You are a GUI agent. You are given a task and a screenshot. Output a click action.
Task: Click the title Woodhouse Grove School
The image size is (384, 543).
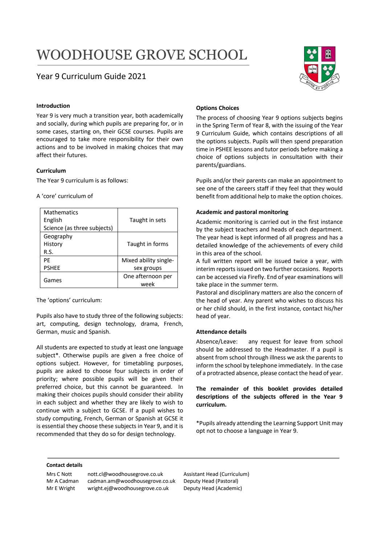142,55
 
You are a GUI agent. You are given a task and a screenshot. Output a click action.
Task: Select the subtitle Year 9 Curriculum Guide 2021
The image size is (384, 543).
91,77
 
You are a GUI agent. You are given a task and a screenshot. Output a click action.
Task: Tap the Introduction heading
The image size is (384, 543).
53,106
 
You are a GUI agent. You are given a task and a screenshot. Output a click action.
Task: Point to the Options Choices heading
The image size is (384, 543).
217,108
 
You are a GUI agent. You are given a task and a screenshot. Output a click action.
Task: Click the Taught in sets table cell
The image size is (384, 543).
147,220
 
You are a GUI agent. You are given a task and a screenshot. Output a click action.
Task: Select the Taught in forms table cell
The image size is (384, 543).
147,244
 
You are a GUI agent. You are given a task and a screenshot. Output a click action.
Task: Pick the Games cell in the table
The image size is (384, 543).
53,280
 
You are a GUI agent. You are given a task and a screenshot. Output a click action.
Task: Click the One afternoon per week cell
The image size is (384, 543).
147,280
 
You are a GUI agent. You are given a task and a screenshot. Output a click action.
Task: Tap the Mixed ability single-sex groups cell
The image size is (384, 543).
147,264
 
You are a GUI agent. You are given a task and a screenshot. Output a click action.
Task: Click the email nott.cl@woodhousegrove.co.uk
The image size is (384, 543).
125,474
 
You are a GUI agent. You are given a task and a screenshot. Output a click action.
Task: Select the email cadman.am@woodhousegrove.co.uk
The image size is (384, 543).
131,481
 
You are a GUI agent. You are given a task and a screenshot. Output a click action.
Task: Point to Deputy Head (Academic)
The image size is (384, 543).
213,488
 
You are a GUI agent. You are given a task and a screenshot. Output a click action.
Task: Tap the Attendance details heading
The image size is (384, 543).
221,332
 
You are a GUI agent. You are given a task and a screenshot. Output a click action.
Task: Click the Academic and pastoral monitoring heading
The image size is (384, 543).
242,212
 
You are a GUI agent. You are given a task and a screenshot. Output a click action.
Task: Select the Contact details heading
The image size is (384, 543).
64,465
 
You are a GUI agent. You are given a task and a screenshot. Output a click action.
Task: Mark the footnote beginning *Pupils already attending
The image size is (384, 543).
269,427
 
